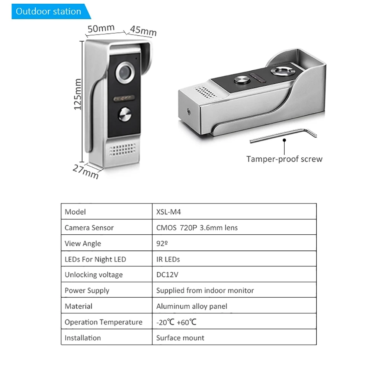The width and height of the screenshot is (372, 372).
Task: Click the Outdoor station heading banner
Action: click(x=49, y=11)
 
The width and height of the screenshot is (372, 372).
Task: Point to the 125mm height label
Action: click(x=77, y=94)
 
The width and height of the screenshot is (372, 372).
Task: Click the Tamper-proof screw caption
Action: click(x=284, y=159)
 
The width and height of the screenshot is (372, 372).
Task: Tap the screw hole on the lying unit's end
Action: click(x=189, y=110)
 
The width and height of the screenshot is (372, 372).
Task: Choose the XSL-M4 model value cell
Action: click(x=169, y=212)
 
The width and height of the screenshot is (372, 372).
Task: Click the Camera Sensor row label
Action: click(x=89, y=228)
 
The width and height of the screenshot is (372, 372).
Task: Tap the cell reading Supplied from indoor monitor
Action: click(x=205, y=291)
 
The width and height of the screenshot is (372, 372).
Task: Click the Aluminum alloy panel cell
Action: click(x=192, y=307)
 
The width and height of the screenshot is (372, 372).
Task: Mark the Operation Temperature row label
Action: click(x=103, y=322)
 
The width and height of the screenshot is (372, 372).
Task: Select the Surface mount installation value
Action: click(x=180, y=338)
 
